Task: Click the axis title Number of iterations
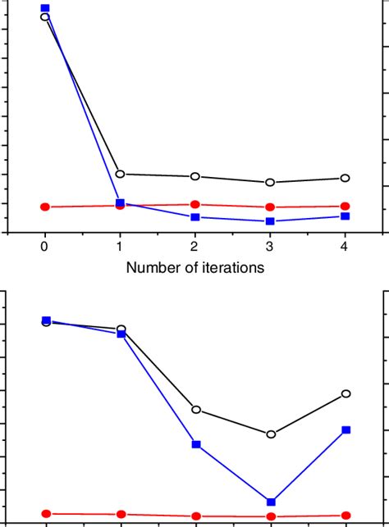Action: coord(194,266)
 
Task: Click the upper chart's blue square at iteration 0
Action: coord(45,8)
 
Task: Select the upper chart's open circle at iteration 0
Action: coord(45,17)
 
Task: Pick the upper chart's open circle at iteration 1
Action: coord(121,174)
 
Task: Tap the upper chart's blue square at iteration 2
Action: coord(195,217)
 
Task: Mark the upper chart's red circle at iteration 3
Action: coord(270,207)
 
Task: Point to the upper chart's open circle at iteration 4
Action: coord(346,178)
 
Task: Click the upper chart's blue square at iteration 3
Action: coord(270,221)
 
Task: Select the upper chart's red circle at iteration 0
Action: coord(45,207)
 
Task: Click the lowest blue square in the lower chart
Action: coord(271,502)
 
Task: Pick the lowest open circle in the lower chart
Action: coord(271,434)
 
